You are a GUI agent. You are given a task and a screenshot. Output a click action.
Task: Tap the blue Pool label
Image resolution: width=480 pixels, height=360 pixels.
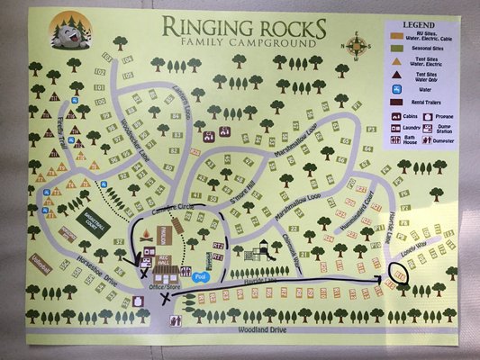(200, 277)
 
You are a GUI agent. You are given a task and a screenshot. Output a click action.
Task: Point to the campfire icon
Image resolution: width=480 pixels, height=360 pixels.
(146, 236)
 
